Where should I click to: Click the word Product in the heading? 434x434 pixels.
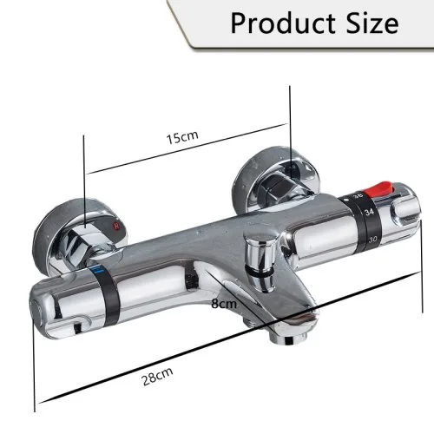[x=282, y=23]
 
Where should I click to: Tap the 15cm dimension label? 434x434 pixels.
[x=182, y=137]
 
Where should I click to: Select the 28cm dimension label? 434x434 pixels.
[x=158, y=376]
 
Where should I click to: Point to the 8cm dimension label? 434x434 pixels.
[x=224, y=304]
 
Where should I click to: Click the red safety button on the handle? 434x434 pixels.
[x=378, y=189]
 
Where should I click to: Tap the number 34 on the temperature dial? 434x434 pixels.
[x=369, y=213]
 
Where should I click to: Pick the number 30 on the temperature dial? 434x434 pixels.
[x=372, y=240]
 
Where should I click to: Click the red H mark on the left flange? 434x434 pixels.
[x=117, y=225]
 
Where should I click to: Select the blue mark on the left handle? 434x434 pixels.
[x=99, y=270]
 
